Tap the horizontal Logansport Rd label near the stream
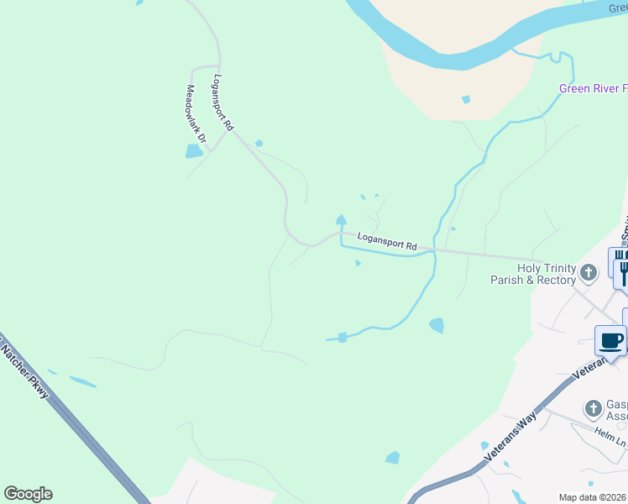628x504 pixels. [387, 242]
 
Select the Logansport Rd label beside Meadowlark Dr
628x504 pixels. [222, 103]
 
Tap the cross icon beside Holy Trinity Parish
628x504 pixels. [589, 271]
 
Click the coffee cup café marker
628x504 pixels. [610, 339]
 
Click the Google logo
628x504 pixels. [28, 494]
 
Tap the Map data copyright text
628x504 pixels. [593, 497]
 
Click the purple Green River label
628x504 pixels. [593, 89]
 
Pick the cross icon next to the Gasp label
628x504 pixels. [594, 408]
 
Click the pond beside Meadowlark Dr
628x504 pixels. [194, 151]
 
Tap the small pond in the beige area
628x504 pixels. [466, 99]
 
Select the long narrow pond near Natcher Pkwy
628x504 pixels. [82, 381]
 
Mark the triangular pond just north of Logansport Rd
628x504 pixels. [341, 220]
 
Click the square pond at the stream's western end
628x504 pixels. [342, 338]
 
